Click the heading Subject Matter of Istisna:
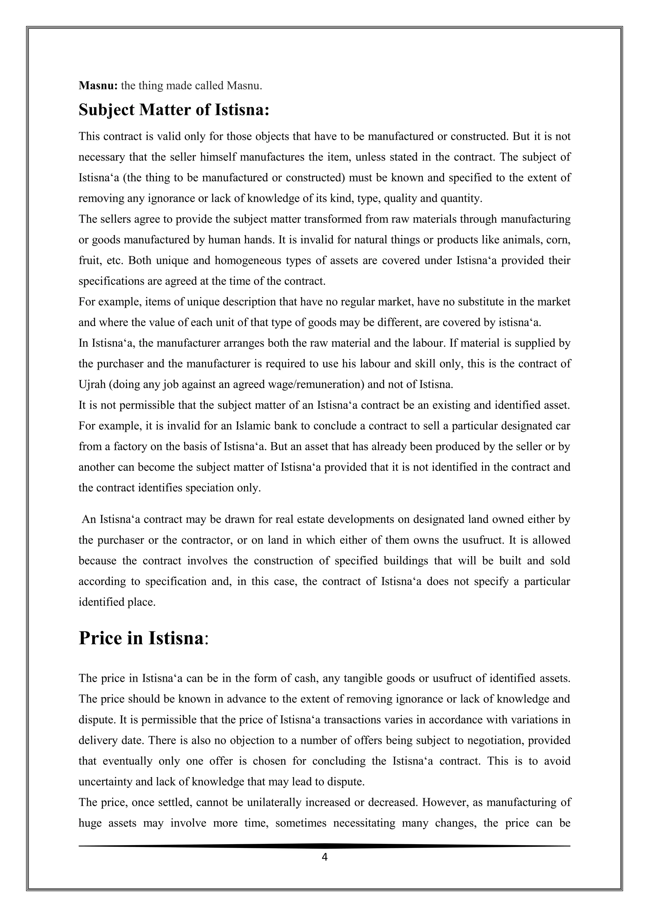(174, 110)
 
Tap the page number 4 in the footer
(324, 857)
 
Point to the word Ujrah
(91, 385)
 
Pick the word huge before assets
(90, 823)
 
